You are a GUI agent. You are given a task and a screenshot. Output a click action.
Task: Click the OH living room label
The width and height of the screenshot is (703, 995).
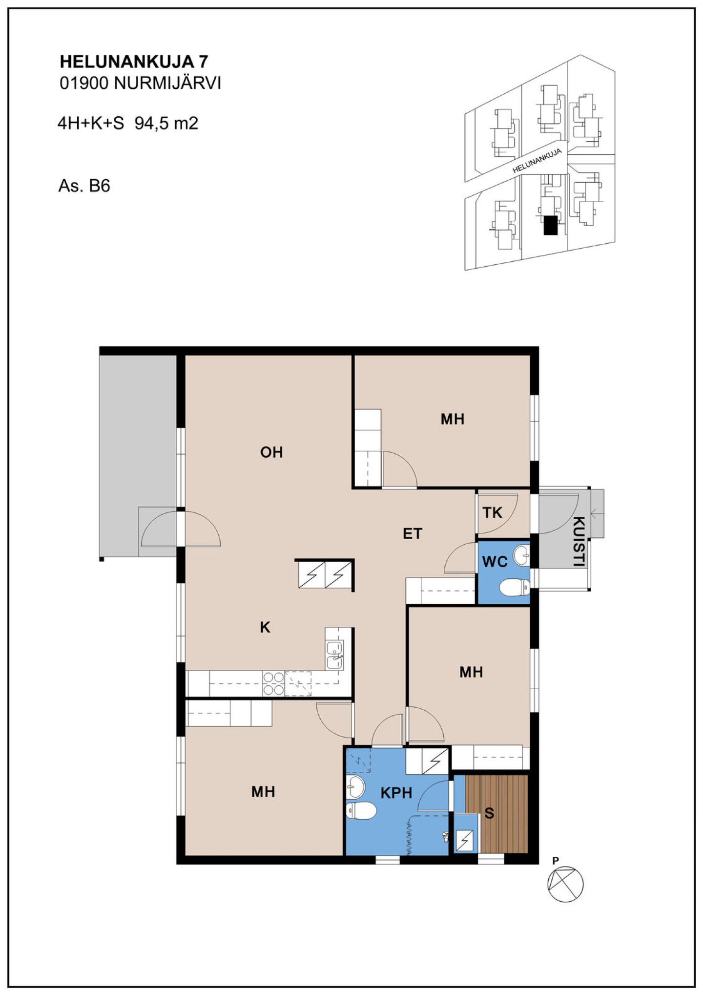click(271, 452)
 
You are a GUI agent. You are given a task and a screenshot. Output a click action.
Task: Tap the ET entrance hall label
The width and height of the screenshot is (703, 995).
click(412, 534)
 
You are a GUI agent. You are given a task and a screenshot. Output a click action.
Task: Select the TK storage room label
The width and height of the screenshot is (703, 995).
click(492, 512)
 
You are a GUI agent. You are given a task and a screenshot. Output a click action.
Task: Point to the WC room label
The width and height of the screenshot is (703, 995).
click(495, 562)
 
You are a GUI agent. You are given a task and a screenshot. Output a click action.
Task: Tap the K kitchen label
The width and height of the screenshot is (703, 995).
click(265, 627)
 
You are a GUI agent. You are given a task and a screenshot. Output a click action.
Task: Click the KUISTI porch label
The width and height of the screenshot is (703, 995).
click(579, 541)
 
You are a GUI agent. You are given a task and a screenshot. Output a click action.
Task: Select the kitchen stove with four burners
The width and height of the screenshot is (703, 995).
click(273, 683)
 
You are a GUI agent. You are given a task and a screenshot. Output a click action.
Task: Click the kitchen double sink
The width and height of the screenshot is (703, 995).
click(334, 655)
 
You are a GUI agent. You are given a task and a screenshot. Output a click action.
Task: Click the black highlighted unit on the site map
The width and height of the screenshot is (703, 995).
click(550, 225)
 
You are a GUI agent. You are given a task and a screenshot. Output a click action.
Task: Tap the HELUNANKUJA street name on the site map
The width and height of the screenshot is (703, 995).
click(537, 161)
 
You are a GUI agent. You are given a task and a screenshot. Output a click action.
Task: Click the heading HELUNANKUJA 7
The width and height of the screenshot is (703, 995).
click(134, 62)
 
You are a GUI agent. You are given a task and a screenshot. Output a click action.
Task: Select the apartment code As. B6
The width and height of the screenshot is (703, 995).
click(84, 186)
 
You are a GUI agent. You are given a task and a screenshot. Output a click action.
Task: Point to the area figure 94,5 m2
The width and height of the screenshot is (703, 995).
click(166, 123)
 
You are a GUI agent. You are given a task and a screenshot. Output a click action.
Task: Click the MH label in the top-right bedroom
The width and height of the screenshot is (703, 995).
click(452, 419)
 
